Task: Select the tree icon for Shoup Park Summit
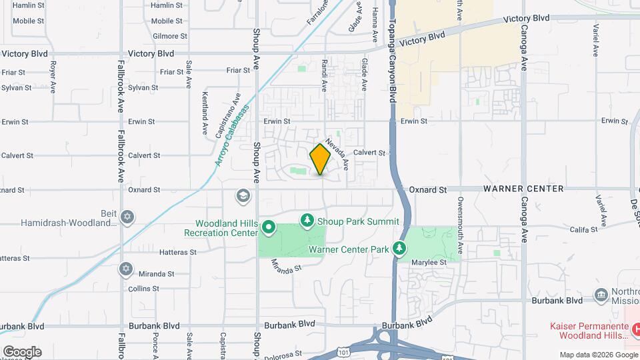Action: pyautogui.click(x=307, y=220)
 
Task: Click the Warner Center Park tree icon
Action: pyautogui.click(x=399, y=249)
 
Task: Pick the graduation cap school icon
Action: pyautogui.click(x=243, y=196)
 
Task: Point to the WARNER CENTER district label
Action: pyautogui.click(x=523, y=189)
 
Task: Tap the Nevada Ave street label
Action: pyautogui.click(x=338, y=152)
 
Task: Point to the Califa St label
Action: pyautogui.click(x=583, y=229)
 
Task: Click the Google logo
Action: pyautogui.click(x=22, y=352)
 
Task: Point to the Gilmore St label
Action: pyautogui.click(x=167, y=35)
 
